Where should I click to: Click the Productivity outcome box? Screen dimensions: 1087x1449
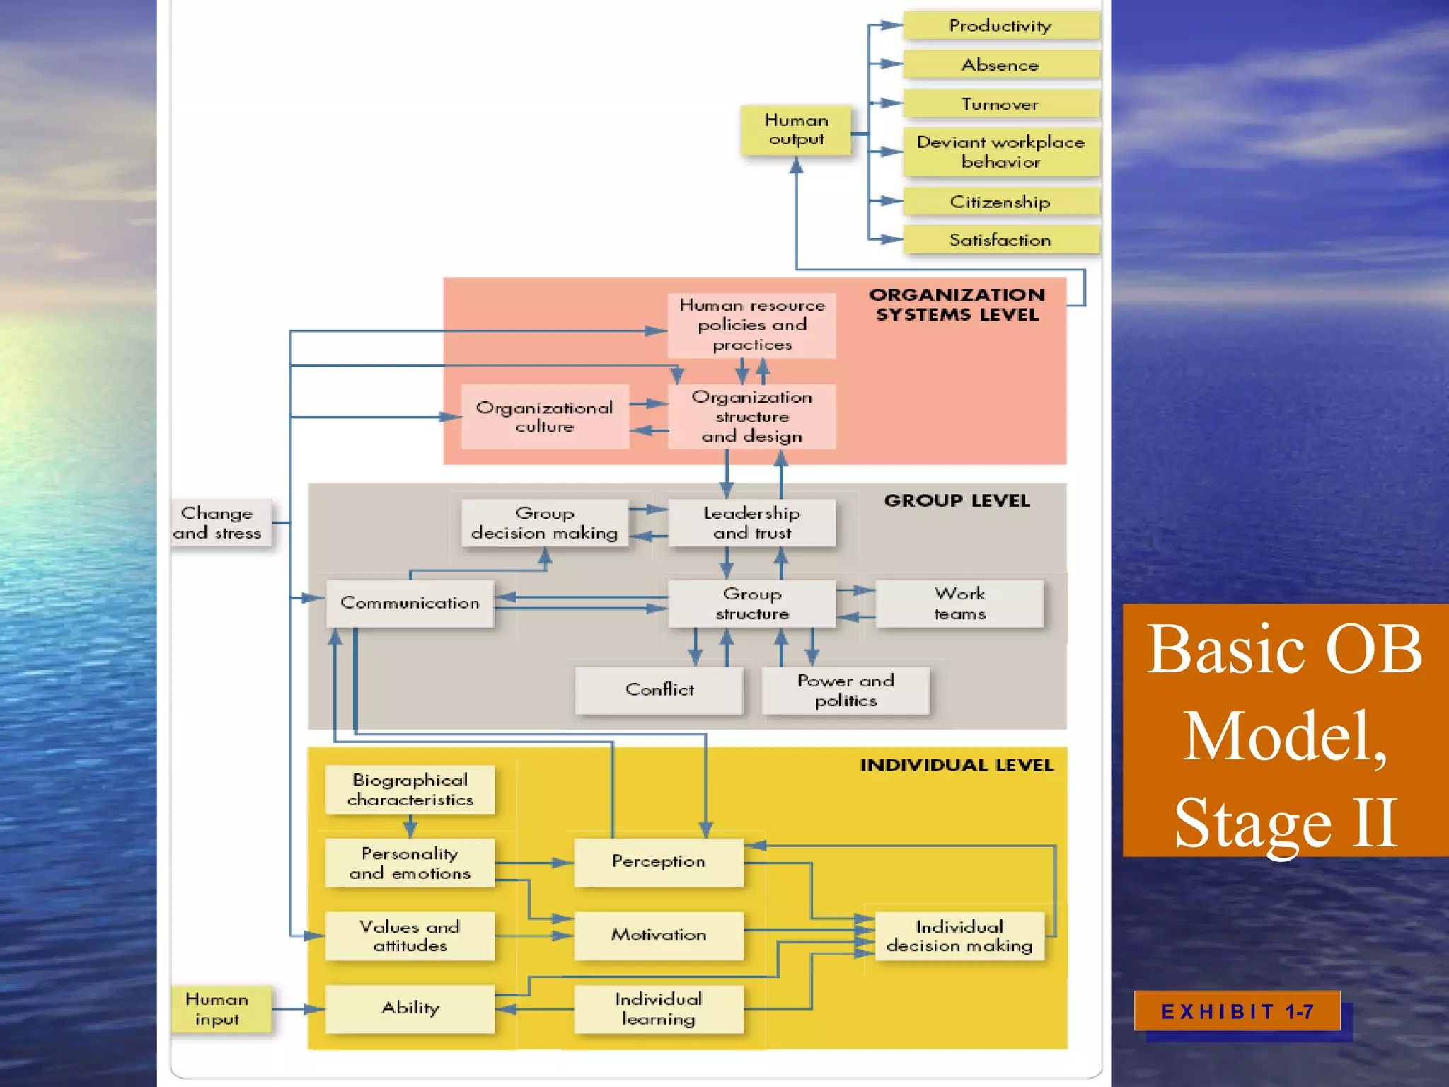click(x=1000, y=26)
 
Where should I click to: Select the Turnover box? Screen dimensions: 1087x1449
click(x=1000, y=104)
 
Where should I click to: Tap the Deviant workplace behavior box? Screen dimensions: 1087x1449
click(x=1000, y=152)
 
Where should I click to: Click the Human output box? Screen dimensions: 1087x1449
click(x=796, y=130)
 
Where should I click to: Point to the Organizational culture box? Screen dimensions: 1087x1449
click(x=545, y=417)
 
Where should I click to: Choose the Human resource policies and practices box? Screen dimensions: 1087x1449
click(x=751, y=326)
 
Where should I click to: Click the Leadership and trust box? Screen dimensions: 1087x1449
click(x=751, y=523)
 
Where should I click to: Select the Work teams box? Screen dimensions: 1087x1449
click(x=959, y=604)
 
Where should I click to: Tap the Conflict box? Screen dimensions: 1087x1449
click(x=659, y=690)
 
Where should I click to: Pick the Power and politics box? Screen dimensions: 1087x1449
click(x=845, y=691)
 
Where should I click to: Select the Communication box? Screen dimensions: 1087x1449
click(x=410, y=603)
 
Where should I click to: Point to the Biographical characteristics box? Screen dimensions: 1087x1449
click(x=410, y=790)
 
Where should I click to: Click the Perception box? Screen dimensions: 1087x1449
click(x=658, y=862)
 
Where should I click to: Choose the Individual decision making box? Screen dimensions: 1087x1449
click(x=959, y=936)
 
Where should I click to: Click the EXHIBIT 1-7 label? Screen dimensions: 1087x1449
click(x=1237, y=1011)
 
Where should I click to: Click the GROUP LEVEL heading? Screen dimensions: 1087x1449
click(x=957, y=501)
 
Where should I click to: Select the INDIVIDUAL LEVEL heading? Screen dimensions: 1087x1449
click(x=957, y=765)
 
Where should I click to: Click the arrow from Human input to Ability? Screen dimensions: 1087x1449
click(x=297, y=1009)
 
